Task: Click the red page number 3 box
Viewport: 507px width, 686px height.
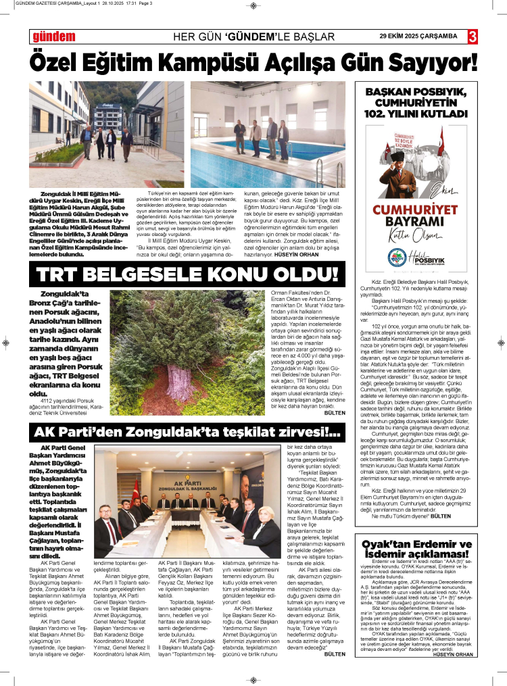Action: click(x=473, y=35)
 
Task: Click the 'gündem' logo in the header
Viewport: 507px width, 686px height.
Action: click(x=53, y=36)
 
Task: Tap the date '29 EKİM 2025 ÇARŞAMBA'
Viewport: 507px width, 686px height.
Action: click(x=418, y=36)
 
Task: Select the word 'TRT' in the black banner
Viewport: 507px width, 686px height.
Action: click(x=68, y=274)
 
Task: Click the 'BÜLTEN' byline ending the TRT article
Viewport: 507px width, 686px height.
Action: click(x=334, y=412)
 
